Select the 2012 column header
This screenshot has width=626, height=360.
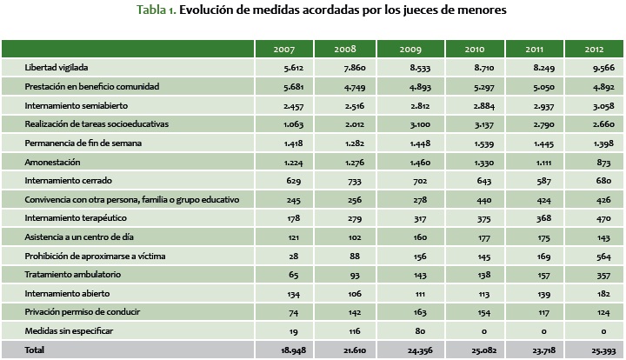click(594, 49)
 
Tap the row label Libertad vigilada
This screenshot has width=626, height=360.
click(57, 67)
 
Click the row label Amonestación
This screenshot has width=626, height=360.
click(53, 162)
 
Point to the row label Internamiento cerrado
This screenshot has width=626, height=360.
click(68, 180)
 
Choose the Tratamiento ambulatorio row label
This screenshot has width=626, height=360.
click(71, 275)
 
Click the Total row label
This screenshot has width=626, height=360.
click(35, 350)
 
